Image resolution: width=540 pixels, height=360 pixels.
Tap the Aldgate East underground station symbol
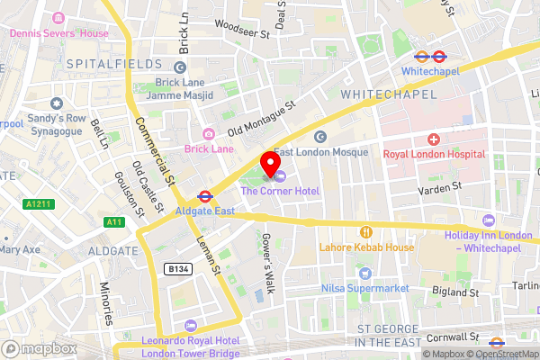pos(204,193)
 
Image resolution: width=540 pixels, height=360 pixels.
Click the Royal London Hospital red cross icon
pos(434,139)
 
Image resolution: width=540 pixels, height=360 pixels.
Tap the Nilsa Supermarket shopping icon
pos(364,273)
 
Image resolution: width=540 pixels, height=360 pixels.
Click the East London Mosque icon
pos(319,136)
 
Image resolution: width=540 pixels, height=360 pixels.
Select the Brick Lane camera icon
pos(209,133)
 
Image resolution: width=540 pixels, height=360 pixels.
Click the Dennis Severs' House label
pos(58,33)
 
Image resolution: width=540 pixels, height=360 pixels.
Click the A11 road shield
pos(114,221)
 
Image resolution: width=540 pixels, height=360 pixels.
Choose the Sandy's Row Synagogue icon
pos(57,103)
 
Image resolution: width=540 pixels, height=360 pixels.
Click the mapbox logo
pos(38,347)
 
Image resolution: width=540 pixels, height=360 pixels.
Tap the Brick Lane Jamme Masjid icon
pos(180,67)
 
